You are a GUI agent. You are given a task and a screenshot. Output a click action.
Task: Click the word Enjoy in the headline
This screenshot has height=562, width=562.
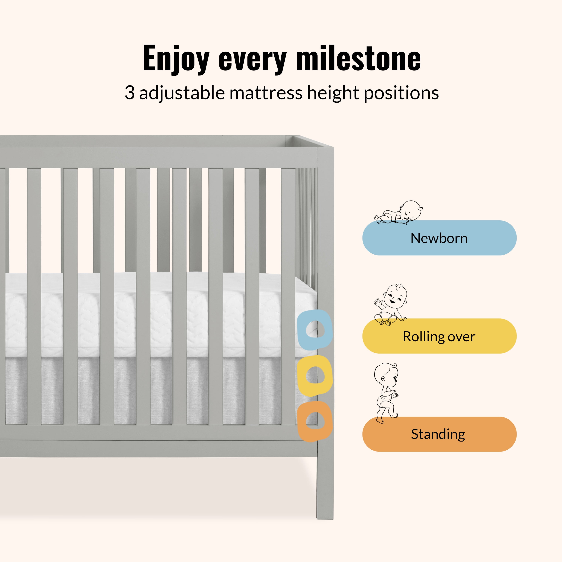click(x=176, y=59)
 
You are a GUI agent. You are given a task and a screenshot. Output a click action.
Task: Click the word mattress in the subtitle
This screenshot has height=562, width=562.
click(x=266, y=93)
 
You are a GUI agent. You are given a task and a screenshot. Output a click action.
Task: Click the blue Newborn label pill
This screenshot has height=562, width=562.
click(x=439, y=238)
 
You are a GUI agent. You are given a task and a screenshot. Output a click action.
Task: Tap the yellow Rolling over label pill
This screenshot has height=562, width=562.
click(x=439, y=336)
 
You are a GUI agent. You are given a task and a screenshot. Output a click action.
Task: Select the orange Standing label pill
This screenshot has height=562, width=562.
click(x=439, y=434)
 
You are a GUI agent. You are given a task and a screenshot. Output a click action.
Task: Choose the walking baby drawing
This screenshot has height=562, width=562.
click(x=386, y=393)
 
